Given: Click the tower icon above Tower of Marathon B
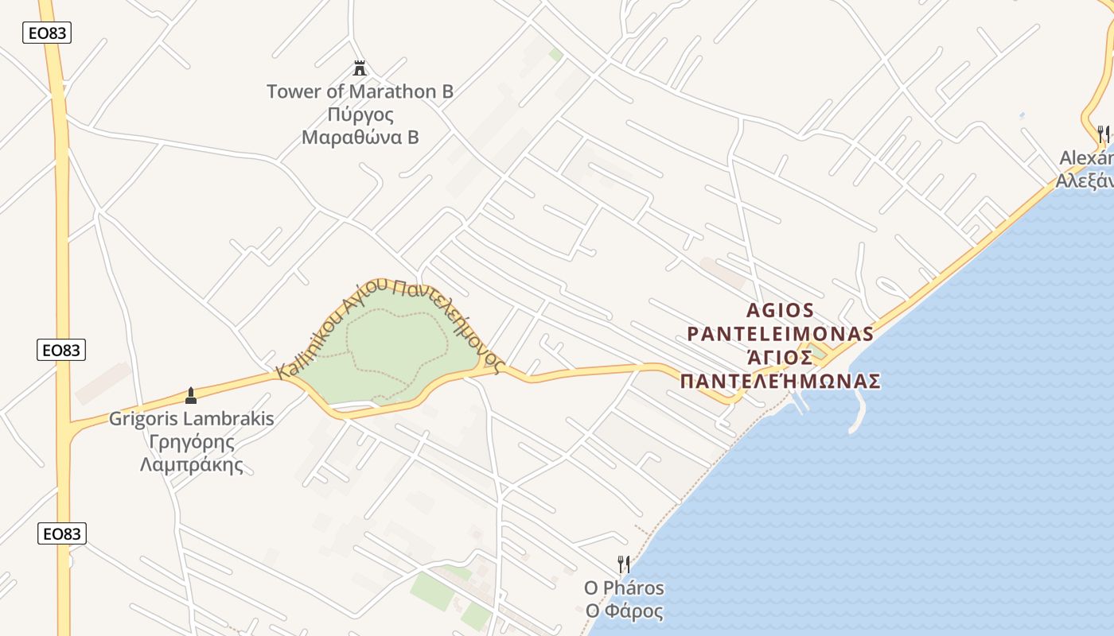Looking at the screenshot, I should (360, 68).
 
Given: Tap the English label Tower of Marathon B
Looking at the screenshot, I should (360, 91).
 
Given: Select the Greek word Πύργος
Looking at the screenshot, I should (360, 114).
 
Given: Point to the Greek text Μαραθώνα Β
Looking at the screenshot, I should (360, 137).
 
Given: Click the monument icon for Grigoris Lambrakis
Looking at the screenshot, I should (190, 395).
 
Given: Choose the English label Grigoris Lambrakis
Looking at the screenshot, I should (191, 419).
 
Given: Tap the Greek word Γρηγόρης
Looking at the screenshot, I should (191, 442).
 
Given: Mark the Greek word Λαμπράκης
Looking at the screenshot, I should (191, 465).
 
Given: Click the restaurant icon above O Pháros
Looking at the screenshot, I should (624, 564).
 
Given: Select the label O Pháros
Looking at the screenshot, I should (624, 588).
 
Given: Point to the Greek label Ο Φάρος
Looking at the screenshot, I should (624, 611).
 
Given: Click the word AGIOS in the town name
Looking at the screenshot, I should (781, 310).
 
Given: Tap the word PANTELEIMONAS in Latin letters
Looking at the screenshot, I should (780, 333).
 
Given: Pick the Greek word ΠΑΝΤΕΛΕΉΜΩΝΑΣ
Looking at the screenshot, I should (780, 382).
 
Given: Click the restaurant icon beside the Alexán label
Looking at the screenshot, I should (1103, 134).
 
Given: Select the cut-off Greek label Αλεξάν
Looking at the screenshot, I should (1084, 181).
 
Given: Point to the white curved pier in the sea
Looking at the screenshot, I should (858, 413).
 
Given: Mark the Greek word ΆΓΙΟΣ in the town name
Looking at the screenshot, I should (780, 357).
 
